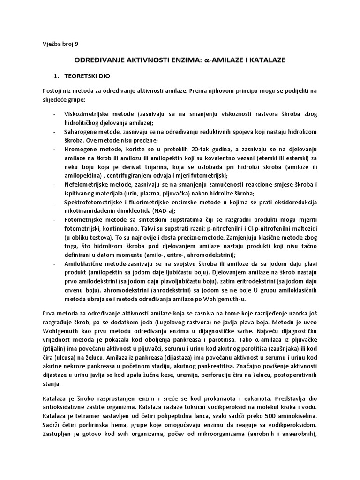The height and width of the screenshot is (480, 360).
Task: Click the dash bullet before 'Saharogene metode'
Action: pos(55,131)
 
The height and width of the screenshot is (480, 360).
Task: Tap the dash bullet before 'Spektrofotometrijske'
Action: pos(55,202)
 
